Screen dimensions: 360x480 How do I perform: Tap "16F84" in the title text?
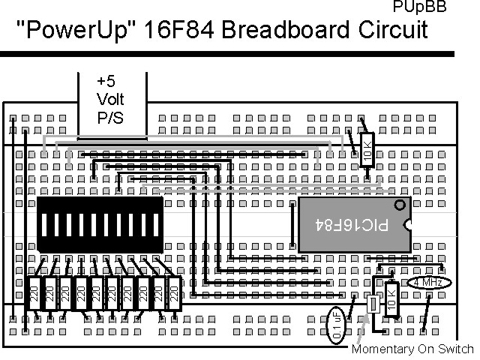177,31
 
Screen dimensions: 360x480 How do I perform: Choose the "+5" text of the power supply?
106,81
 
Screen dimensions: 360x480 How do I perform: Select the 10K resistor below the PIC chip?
391,299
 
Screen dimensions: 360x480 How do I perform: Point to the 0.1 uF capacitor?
337,325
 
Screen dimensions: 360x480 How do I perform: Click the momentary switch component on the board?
371,306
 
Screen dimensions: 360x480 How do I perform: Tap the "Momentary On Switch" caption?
413,349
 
